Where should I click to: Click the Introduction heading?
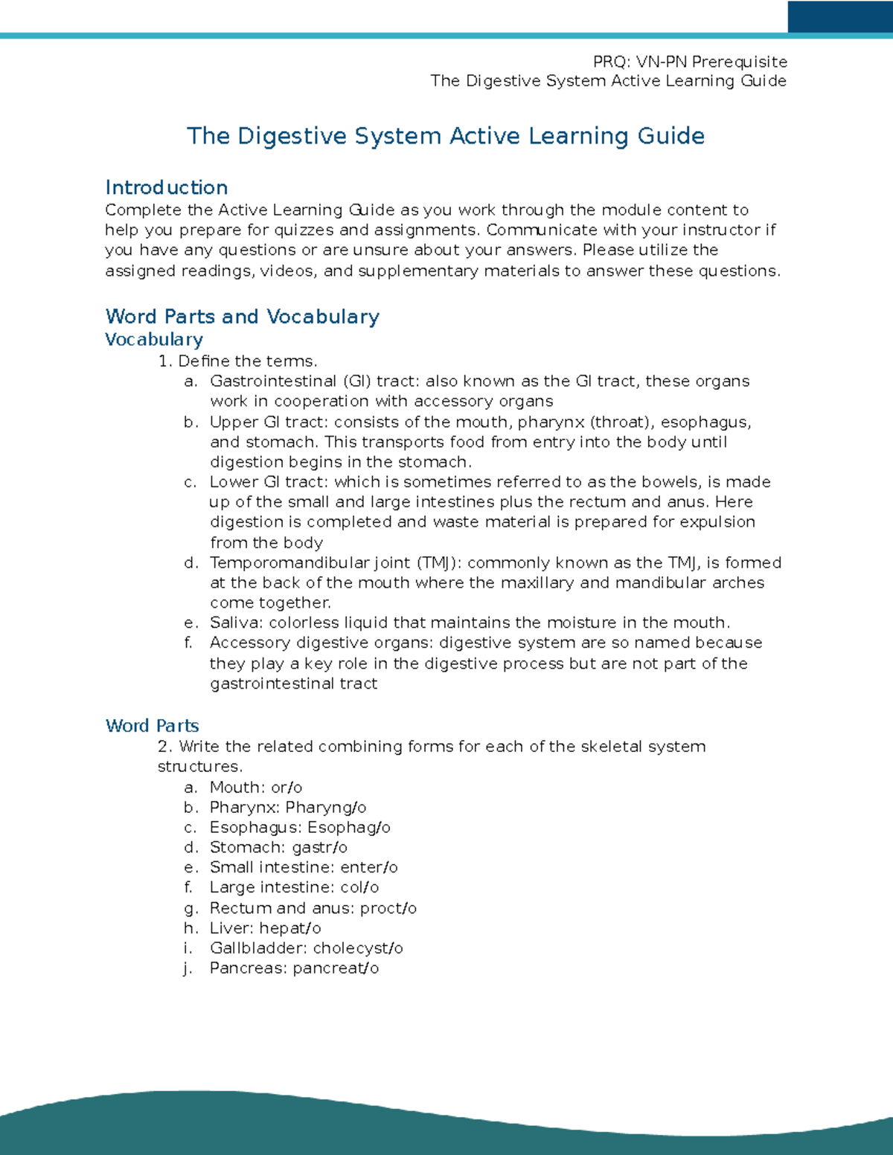(x=166, y=187)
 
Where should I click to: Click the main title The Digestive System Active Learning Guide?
(x=445, y=136)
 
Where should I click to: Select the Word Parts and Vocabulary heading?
(x=242, y=317)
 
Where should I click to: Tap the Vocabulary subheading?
(x=153, y=340)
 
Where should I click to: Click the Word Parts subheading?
(x=152, y=726)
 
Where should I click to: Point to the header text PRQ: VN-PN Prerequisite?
(x=690, y=62)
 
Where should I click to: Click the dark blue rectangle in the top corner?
(x=839, y=16)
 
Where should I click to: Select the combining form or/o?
(x=287, y=788)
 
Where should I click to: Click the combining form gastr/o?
(x=319, y=848)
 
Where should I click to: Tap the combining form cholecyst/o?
(x=358, y=948)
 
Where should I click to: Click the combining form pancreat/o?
(x=336, y=968)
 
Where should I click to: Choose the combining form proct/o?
(x=388, y=908)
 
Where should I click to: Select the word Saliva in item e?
(x=236, y=622)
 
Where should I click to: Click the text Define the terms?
(x=248, y=361)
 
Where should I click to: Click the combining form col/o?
(x=359, y=888)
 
